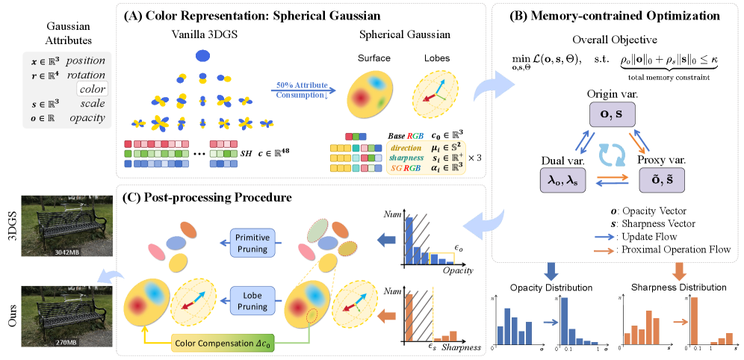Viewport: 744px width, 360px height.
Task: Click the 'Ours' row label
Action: tap(13, 322)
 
